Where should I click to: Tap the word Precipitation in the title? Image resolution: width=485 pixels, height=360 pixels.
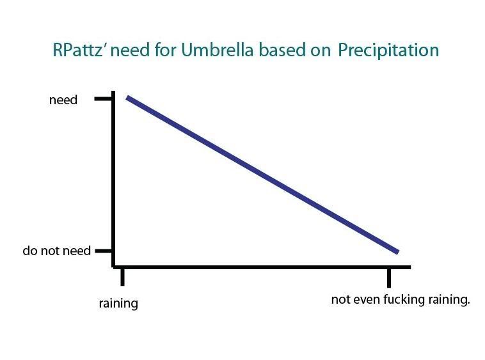[388, 50]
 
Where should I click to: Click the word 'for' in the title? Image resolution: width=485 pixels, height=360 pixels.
[166, 49]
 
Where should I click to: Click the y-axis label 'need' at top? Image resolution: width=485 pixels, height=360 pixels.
[63, 100]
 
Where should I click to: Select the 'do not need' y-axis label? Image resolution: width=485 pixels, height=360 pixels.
[56, 251]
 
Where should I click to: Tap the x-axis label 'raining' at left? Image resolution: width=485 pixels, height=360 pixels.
[118, 303]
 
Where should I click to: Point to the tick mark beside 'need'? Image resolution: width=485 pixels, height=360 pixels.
[103, 99]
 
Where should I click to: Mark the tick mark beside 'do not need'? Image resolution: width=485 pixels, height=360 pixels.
[103, 251]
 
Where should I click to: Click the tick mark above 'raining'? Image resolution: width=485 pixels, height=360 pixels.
[122, 277]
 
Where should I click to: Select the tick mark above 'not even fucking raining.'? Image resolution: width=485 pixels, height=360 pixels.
[389, 278]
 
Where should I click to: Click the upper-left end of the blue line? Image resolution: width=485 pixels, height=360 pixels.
[127, 98]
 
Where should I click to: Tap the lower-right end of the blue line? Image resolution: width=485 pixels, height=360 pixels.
[398, 252]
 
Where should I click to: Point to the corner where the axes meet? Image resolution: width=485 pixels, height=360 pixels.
[113, 267]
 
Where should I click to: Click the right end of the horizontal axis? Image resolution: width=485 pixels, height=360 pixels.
[411, 267]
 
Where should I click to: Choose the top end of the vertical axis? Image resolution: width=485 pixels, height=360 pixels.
[113, 91]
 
